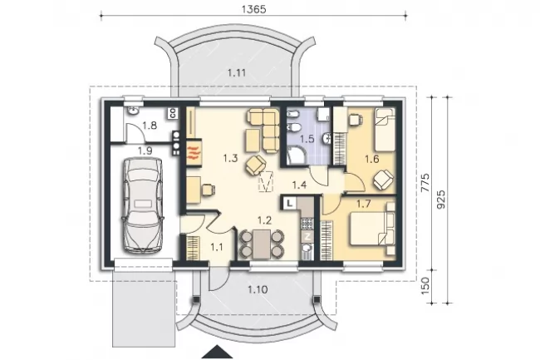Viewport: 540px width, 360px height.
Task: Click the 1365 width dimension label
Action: pyautogui.click(x=253, y=9)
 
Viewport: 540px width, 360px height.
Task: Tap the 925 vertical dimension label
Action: pyautogui.click(x=440, y=200)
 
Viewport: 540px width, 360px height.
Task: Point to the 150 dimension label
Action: pyautogui.click(x=425, y=285)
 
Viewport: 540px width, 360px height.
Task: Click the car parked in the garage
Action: pyautogui.click(x=142, y=205)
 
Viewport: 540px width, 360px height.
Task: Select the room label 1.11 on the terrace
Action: pyautogui.click(x=237, y=73)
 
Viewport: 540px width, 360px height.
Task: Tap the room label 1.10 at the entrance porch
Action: pyautogui.click(x=258, y=289)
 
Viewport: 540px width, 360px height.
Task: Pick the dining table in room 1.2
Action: pyautogui.click(x=261, y=244)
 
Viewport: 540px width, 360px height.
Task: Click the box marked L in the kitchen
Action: pyautogui.click(x=290, y=203)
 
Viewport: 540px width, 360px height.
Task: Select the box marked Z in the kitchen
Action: pyautogui.click(x=307, y=237)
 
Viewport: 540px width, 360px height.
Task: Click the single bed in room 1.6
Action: pyautogui.click(x=385, y=130)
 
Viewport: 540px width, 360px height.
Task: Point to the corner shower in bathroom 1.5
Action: pyautogui.click(x=297, y=155)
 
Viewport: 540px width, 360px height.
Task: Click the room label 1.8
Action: pyautogui.click(x=150, y=126)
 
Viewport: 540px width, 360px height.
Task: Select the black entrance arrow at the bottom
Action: pyautogui.click(x=217, y=352)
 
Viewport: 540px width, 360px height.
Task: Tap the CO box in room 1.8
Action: pyautogui.click(x=173, y=113)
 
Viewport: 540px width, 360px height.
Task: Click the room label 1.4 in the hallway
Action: pyautogui.click(x=299, y=185)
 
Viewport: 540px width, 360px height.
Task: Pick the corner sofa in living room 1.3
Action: pyautogui.click(x=263, y=130)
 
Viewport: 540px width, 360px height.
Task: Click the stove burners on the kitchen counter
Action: pyautogui.click(x=307, y=224)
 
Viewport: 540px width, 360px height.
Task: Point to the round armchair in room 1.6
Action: pyautogui.click(x=383, y=180)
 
